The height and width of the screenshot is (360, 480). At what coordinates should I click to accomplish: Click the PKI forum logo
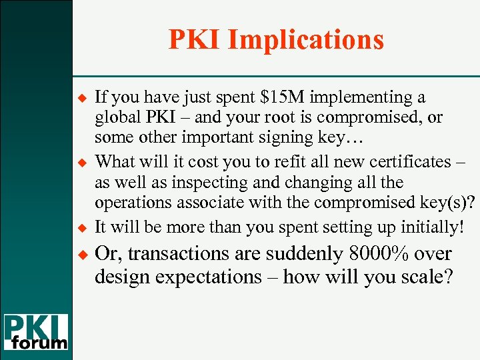tap(36, 332)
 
